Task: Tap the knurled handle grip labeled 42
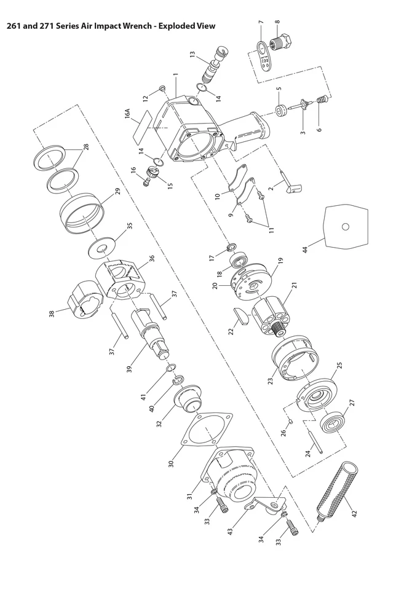click(x=338, y=490)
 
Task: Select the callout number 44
click(x=306, y=250)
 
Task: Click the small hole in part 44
click(x=345, y=227)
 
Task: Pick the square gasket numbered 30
click(x=207, y=430)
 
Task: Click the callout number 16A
click(x=127, y=114)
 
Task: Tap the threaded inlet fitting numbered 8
click(x=282, y=41)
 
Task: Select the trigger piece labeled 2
click(x=291, y=183)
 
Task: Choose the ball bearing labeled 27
click(x=333, y=423)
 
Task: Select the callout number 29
click(x=117, y=191)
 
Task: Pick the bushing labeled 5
click(x=280, y=111)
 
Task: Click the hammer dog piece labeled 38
click(x=85, y=299)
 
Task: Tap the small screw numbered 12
click(x=162, y=88)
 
